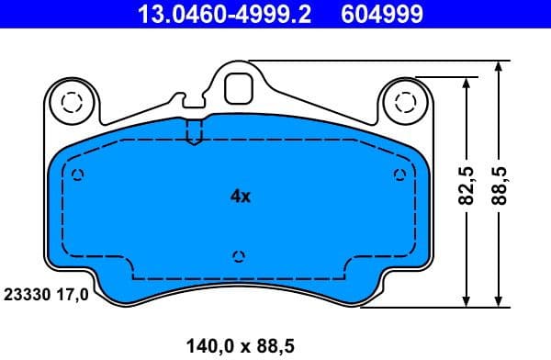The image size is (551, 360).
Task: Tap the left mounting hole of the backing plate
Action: (x=70, y=102)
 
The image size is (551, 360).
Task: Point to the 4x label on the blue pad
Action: (x=240, y=196)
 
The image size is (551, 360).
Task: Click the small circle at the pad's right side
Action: (x=399, y=175)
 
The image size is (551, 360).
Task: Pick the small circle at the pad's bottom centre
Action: (x=239, y=256)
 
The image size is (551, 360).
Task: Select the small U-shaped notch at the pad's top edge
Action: (x=193, y=133)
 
